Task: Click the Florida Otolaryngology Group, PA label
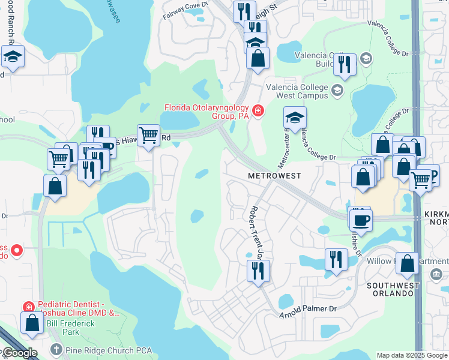point(207,112)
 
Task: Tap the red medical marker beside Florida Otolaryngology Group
point(258,110)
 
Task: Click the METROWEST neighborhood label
point(274,176)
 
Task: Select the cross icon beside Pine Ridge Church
point(56,349)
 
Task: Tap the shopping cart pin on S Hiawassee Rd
point(148,134)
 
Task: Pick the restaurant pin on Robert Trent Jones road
point(258,271)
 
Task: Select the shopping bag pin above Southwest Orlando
point(407,263)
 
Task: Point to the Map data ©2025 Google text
point(411,355)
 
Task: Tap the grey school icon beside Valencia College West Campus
point(337,91)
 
